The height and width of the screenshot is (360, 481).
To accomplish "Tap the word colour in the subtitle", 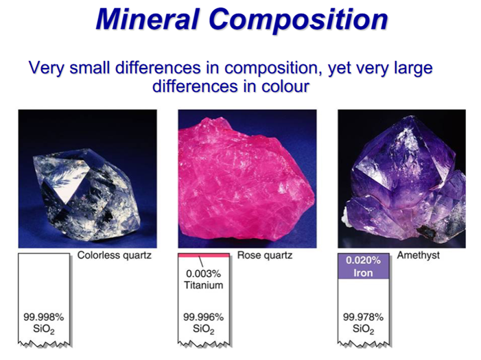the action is coord(285,86).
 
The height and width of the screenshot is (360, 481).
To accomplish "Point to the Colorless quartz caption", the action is coord(115,255).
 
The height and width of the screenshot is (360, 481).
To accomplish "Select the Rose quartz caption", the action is coord(265,255).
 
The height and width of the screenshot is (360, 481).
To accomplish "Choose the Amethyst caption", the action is coord(419,255).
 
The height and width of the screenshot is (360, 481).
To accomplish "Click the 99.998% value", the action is coord(43,317).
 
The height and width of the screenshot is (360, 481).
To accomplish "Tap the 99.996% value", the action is coord(203,317).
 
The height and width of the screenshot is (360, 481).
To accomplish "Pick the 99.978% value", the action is coord(363,317).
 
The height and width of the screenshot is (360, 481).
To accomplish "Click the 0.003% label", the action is coord(203,273).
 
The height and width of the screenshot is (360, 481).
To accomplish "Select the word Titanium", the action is coord(203,285).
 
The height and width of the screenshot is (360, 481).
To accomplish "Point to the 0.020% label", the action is coord(363,261).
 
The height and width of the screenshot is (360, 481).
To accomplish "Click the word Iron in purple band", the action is coord(363,273).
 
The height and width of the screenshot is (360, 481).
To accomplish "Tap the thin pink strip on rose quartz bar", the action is coord(204,255).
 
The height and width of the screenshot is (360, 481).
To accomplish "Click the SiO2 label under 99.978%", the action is coord(363,329).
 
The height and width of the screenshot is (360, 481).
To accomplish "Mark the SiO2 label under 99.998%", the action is coord(43,329).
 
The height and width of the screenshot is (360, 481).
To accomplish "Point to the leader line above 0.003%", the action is coord(201,261).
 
